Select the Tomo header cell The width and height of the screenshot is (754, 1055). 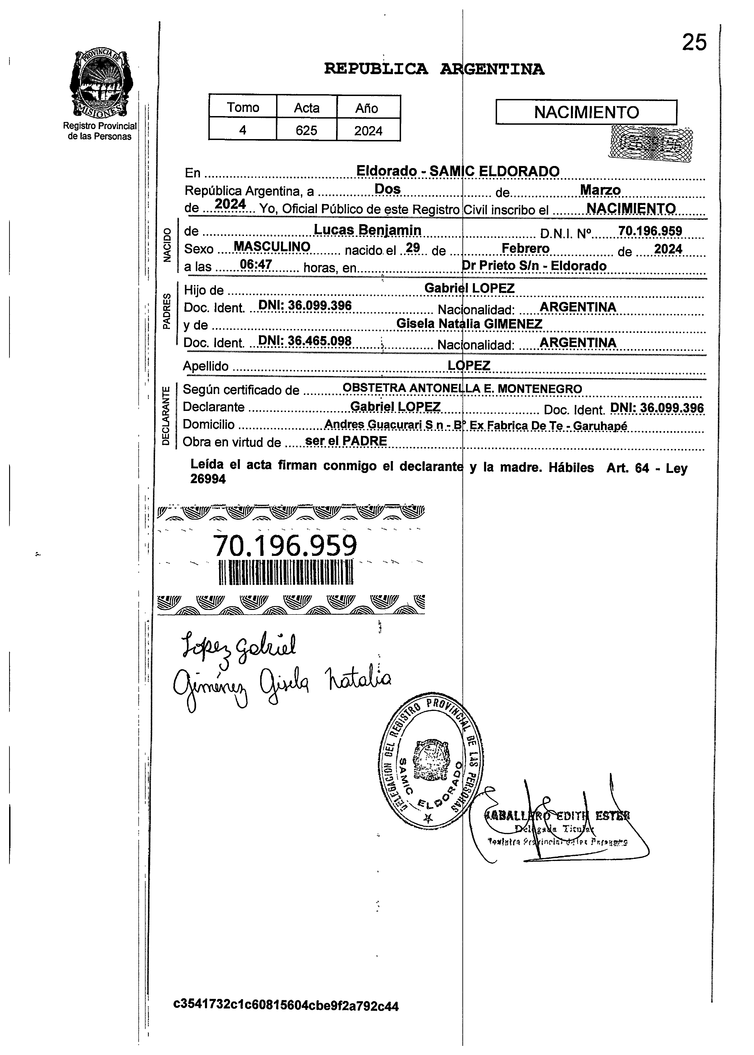pos(243,107)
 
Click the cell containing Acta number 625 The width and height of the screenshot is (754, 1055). pos(306,130)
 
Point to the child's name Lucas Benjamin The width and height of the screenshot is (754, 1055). pos(367,229)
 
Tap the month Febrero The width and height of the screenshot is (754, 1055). pos(526,249)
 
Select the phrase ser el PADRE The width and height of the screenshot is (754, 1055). pos(346,441)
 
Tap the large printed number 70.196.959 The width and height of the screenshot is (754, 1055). pos(285,546)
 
